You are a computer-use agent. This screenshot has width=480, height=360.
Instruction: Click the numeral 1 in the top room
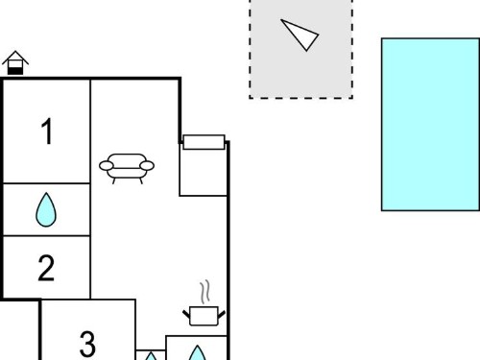pos(47,132)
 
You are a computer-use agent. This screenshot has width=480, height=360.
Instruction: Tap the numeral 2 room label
pos(46,268)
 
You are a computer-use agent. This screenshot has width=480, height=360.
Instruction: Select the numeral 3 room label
pos(87,344)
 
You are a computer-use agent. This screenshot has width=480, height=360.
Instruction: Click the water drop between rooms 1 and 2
pos(46,209)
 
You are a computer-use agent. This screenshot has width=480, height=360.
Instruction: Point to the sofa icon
pos(127,169)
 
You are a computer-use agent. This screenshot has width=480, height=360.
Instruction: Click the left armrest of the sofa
pos(107,166)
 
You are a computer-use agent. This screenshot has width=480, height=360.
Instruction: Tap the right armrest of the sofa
pos(147,166)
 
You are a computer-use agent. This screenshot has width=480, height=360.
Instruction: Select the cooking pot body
pos(204,316)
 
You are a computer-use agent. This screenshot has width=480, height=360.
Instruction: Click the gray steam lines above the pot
pos(205,292)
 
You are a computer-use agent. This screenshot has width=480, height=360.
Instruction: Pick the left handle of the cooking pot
pos(186,314)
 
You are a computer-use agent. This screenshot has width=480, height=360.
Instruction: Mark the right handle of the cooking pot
pos(222,314)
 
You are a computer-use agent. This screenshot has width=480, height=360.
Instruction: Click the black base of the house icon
pos(15,71)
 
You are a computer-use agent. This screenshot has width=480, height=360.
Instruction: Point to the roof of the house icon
pos(15,58)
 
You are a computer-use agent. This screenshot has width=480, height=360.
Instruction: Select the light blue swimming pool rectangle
pos(430,125)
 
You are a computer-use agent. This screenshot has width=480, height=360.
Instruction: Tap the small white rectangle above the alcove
pos(204,142)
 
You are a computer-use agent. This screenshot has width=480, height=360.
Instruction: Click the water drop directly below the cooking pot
pos(197,352)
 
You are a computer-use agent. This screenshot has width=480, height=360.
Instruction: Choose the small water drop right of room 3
pos(151,356)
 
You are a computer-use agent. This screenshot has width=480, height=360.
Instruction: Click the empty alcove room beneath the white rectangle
pos(204,172)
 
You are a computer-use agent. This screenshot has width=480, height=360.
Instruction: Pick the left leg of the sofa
pos(114,180)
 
